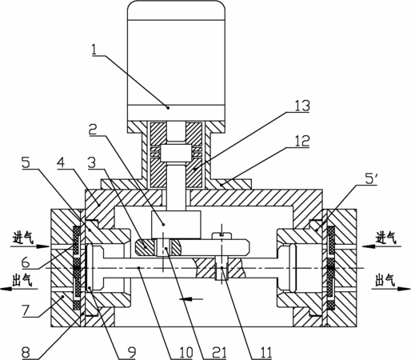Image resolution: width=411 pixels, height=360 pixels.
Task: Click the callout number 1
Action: pos(94,50)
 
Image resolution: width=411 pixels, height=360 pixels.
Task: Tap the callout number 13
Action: pos(302,106)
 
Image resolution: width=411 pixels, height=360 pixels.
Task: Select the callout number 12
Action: pos(302,141)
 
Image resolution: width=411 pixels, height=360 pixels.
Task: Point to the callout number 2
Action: pos(94,130)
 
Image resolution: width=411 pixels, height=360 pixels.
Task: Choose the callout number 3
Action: pos(92,162)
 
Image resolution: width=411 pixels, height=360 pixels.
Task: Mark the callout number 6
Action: pos(26,262)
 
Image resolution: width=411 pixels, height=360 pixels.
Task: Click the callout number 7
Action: pos(26,310)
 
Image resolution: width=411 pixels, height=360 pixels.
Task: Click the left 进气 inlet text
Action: pos(23,237)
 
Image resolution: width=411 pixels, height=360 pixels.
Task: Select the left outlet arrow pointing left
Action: pos(19,289)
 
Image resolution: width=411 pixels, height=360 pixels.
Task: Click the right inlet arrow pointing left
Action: pos(381,246)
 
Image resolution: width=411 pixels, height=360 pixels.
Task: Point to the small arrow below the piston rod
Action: pos(191,299)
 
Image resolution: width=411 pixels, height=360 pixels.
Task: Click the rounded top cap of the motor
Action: pos(177,10)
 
